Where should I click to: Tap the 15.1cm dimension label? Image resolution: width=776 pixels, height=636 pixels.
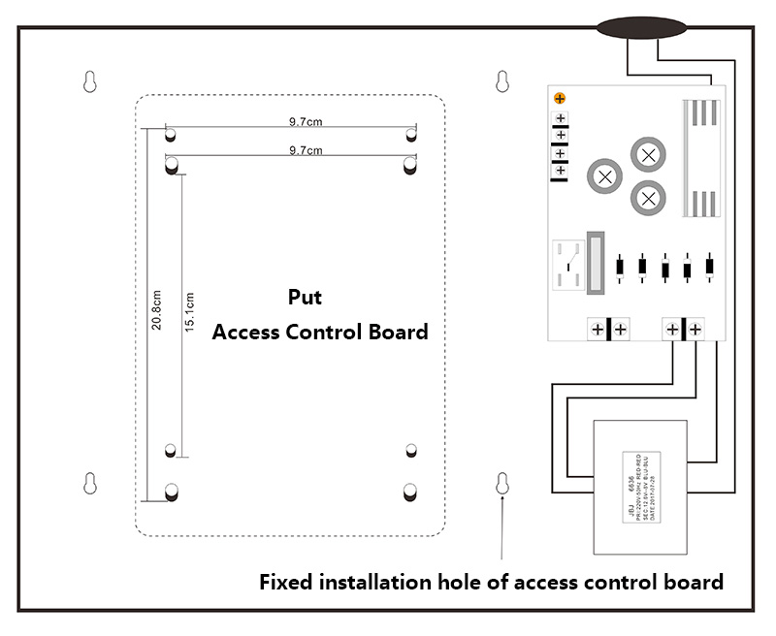[x=190, y=311]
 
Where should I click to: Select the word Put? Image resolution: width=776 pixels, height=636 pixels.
[x=305, y=297]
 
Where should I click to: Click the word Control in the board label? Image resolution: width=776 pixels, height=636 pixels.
[x=323, y=332]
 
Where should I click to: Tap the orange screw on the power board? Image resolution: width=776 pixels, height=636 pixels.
[x=560, y=99]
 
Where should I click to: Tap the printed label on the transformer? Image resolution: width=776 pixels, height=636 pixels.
[x=640, y=485]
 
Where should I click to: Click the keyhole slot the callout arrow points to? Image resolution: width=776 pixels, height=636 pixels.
[x=502, y=484]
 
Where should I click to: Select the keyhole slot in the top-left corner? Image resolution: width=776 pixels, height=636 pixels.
[x=90, y=82]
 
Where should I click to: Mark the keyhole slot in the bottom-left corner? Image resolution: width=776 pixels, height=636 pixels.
[x=90, y=483]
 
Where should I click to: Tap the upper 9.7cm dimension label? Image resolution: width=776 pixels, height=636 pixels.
[x=306, y=122]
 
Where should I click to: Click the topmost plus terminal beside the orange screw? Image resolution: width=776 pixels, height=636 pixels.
[x=561, y=118]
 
